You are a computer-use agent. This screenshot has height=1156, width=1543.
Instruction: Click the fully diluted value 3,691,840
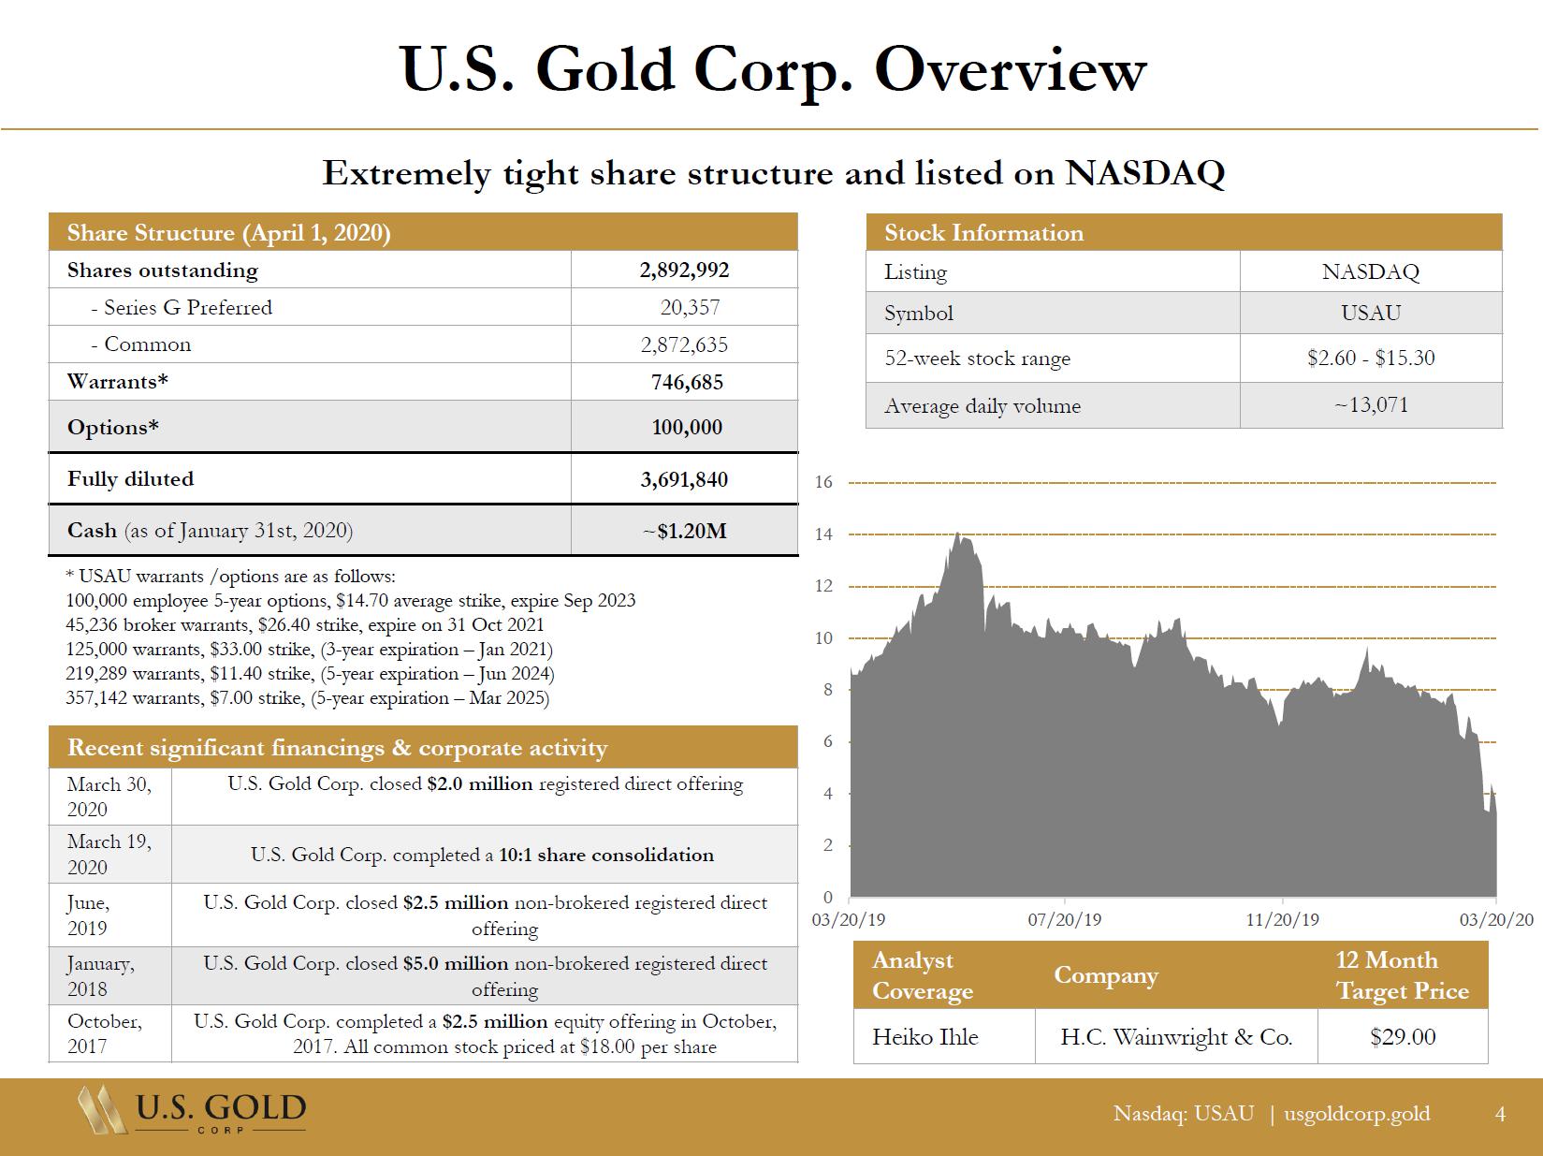coord(684,479)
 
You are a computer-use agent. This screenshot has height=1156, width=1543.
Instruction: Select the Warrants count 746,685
coord(687,382)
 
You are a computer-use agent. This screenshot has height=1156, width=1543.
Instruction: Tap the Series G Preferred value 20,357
coord(690,308)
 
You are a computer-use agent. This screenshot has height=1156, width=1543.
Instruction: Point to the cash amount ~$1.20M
coord(685,532)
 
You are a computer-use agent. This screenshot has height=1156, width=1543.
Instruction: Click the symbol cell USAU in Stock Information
coord(1371,314)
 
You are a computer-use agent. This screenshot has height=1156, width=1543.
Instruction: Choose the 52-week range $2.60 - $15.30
coord(1371,359)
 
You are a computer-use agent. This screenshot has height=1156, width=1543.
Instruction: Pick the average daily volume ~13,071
coord(1371,405)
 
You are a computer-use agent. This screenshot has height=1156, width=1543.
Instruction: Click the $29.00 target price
coord(1402,1037)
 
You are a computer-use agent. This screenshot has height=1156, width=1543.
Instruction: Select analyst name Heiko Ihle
coord(924,1037)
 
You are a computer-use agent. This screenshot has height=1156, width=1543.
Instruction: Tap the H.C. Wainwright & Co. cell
coord(1176,1037)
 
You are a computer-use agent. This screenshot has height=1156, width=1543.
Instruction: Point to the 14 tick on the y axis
coord(823,534)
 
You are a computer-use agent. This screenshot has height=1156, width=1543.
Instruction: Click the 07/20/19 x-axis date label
coord(1065,920)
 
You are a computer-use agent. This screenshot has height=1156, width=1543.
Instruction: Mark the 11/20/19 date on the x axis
coord(1282,920)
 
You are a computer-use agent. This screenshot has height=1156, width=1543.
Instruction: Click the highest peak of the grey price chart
coord(957,534)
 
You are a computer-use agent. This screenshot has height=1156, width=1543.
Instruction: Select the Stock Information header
coord(984,233)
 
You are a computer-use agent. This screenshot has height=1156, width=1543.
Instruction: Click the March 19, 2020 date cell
coord(109,854)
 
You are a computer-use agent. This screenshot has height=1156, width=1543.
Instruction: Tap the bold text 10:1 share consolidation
coord(606,856)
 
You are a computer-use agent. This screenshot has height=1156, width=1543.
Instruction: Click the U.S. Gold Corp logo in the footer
coord(193,1111)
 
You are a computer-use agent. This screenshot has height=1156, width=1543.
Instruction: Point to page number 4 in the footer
coord(1501,1114)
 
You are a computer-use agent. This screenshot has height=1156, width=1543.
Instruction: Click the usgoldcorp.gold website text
coord(1357,1114)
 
